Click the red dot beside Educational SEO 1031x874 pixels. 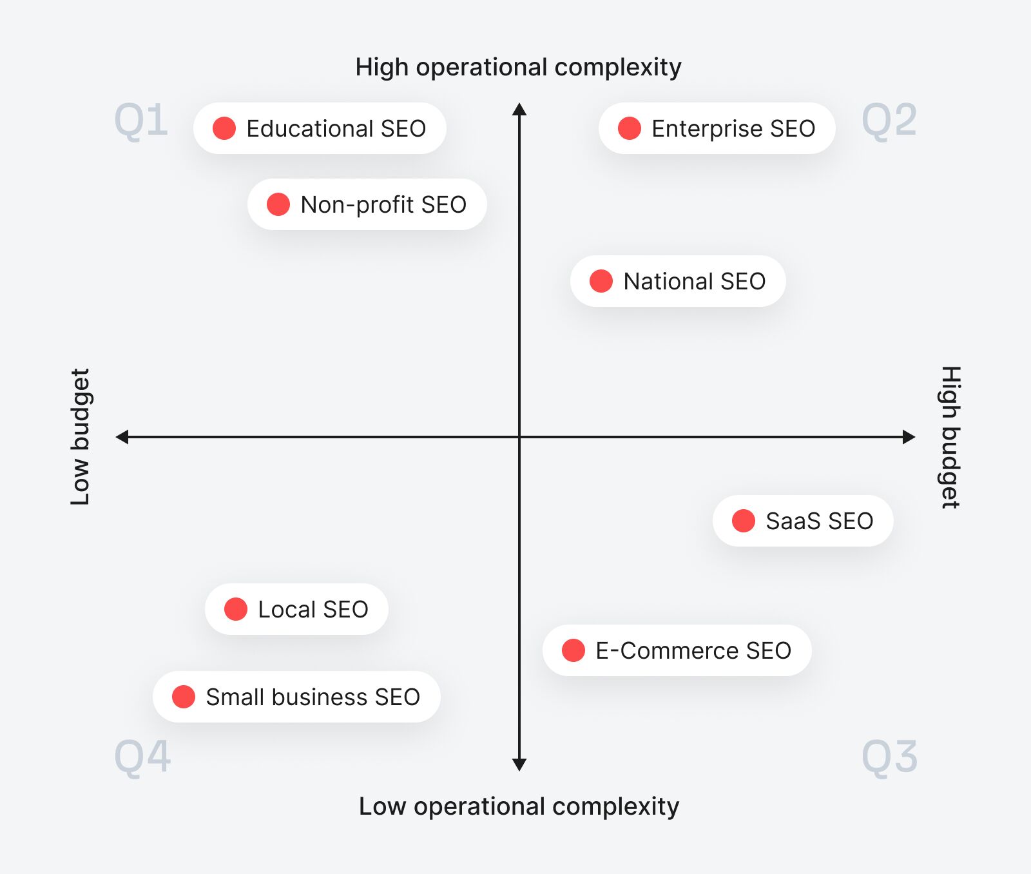click(224, 128)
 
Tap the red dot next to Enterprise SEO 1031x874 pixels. click(630, 128)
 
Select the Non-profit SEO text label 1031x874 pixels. click(383, 205)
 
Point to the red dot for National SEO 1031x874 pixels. click(601, 281)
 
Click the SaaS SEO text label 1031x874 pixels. click(819, 521)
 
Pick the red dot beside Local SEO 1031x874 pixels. click(236, 609)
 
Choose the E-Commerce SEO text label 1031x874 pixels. click(693, 651)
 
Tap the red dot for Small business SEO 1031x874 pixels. click(184, 697)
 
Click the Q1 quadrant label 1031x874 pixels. click(141, 121)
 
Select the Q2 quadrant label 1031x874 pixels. click(889, 121)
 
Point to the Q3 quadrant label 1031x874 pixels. click(889, 757)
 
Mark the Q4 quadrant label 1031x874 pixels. click(142, 757)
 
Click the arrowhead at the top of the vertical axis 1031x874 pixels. click(519, 109)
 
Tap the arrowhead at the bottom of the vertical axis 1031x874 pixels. click(519, 765)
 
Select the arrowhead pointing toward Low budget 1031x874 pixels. click(122, 437)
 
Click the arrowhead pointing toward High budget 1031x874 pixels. click(909, 437)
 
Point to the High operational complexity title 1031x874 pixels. click(518, 67)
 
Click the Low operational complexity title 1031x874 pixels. click(519, 806)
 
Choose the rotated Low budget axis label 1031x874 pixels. click(81, 437)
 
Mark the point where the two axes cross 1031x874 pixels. click(519, 437)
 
